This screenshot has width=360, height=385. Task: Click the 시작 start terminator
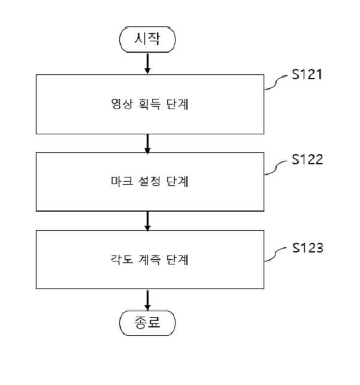coord(147,40)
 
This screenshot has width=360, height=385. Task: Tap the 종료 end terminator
coord(147,323)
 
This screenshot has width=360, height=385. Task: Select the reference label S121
coord(307,74)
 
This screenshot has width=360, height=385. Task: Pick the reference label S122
coord(307,160)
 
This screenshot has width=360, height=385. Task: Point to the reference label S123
coord(307,248)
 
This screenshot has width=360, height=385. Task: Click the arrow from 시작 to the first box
coord(147,64)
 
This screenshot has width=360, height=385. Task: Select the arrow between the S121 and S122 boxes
coord(147,144)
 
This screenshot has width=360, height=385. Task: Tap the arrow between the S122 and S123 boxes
coord(147,221)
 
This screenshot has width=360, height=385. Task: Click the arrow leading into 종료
coord(147,300)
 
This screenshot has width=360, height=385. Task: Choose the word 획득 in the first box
coord(149,104)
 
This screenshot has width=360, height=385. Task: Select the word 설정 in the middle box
coord(149,182)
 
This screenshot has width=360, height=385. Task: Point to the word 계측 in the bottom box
coord(149,260)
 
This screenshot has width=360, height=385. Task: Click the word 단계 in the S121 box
coord(177,104)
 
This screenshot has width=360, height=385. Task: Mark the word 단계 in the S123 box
coord(177,260)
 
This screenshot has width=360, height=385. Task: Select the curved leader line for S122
coord(276,168)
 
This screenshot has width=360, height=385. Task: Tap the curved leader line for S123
coord(276,255)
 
